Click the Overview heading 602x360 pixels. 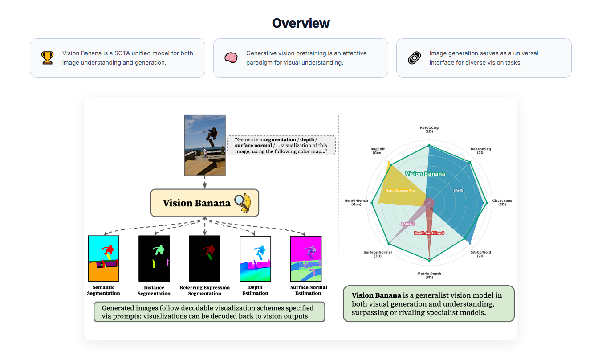click(x=301, y=23)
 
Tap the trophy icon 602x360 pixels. click(x=47, y=57)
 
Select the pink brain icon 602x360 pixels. click(x=231, y=57)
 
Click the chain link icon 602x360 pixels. click(x=414, y=57)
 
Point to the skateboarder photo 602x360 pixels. click(x=205, y=145)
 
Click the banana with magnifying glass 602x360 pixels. click(x=244, y=202)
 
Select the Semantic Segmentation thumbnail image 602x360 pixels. click(x=104, y=259)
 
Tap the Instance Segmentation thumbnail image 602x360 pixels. click(x=154, y=259)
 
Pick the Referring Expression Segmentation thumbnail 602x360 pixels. click(x=205, y=259)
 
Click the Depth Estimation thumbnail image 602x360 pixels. click(x=255, y=259)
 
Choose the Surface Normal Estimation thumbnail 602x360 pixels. click(x=306, y=259)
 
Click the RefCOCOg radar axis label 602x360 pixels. click(x=429, y=130)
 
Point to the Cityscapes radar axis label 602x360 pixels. click(x=502, y=202)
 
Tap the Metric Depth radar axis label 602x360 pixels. click(x=429, y=275)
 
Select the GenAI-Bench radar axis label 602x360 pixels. click(x=356, y=202)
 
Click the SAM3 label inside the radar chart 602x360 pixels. click(x=458, y=190)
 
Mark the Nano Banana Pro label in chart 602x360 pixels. click(x=400, y=191)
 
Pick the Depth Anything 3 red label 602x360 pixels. click(x=429, y=233)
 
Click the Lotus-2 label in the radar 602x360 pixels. click(x=408, y=224)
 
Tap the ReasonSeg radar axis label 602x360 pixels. click(x=480, y=151)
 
